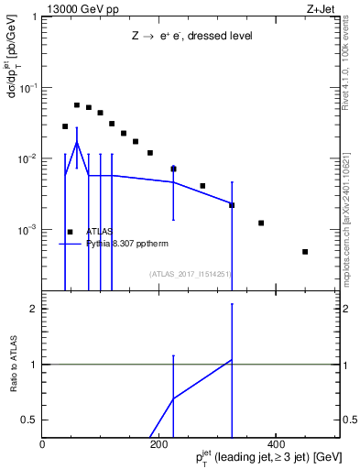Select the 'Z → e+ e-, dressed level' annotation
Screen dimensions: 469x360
click(x=191, y=36)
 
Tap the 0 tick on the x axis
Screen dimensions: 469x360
click(x=43, y=443)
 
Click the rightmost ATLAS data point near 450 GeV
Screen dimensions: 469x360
click(x=305, y=252)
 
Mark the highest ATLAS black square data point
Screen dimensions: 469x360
click(x=77, y=105)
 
